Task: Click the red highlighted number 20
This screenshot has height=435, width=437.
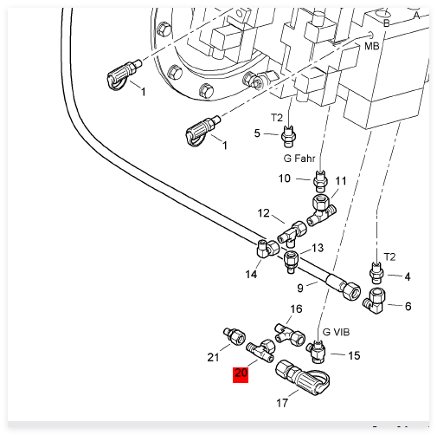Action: click(x=241, y=374)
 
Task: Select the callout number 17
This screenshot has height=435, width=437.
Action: click(x=282, y=403)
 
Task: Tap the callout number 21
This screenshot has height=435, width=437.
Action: click(x=213, y=357)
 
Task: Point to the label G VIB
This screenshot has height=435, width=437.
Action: click(x=336, y=332)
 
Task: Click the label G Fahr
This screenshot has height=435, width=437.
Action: click(x=299, y=159)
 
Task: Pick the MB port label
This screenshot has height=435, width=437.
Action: click(x=371, y=46)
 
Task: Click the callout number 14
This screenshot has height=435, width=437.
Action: click(x=251, y=274)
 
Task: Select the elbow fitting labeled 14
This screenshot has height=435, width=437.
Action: click(x=267, y=249)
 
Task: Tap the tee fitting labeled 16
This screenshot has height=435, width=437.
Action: click(x=290, y=334)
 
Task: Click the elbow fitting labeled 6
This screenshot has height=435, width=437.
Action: click(x=375, y=301)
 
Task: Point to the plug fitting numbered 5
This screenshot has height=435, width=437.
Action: click(x=288, y=136)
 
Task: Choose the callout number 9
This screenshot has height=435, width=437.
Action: click(x=300, y=288)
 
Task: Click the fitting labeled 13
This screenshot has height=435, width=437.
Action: click(x=291, y=262)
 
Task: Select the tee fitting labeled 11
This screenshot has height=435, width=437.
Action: click(x=322, y=210)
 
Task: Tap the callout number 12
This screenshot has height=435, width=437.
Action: click(x=263, y=213)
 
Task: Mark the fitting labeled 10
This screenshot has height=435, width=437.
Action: click(x=320, y=181)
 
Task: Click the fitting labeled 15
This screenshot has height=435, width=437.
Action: click(x=317, y=352)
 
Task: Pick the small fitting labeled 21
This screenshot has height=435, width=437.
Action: click(x=235, y=335)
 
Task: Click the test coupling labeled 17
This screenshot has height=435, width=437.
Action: click(x=302, y=378)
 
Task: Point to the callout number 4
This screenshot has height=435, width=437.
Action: click(x=407, y=276)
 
